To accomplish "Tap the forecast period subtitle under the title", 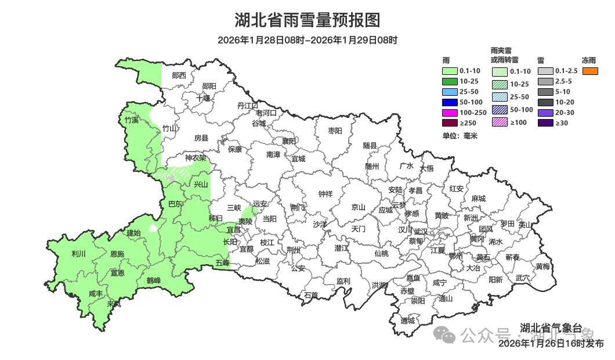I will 307,40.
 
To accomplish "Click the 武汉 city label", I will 420,232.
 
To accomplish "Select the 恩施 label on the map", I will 117,254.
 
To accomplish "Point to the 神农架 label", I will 196,158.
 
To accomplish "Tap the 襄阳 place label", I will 288,141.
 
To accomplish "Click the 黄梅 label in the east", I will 542,267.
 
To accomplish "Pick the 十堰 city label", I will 202,98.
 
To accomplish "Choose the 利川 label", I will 78,254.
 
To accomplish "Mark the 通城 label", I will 407,321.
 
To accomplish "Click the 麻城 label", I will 478,198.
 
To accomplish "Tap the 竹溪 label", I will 132,120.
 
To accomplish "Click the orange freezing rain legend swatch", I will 590,71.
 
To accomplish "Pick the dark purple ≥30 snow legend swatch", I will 545,123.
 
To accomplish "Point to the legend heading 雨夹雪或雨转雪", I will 504,55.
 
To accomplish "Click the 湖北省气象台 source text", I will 551,328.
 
